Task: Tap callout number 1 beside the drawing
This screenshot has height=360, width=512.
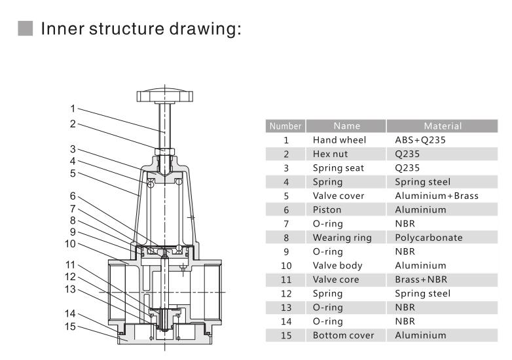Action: [x=73, y=109]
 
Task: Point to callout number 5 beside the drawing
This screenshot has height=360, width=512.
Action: [x=73, y=173]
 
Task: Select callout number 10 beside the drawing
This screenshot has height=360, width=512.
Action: [x=70, y=243]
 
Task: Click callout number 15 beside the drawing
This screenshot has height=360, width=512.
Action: [x=70, y=326]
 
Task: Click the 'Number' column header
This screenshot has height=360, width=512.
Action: [x=285, y=126]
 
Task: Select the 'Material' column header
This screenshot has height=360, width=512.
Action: [x=442, y=126]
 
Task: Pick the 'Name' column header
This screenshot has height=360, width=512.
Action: [x=346, y=126]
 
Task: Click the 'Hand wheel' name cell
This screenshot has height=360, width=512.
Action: [x=339, y=140]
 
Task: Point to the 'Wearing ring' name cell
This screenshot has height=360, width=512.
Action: [x=342, y=238]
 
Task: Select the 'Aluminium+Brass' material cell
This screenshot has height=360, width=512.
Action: [x=436, y=196]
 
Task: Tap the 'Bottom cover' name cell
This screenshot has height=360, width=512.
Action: [x=343, y=335]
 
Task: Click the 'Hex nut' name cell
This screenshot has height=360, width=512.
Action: [x=330, y=154]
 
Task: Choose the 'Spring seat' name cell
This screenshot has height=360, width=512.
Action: [x=338, y=168]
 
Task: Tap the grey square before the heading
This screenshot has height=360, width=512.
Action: [x=26, y=29]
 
